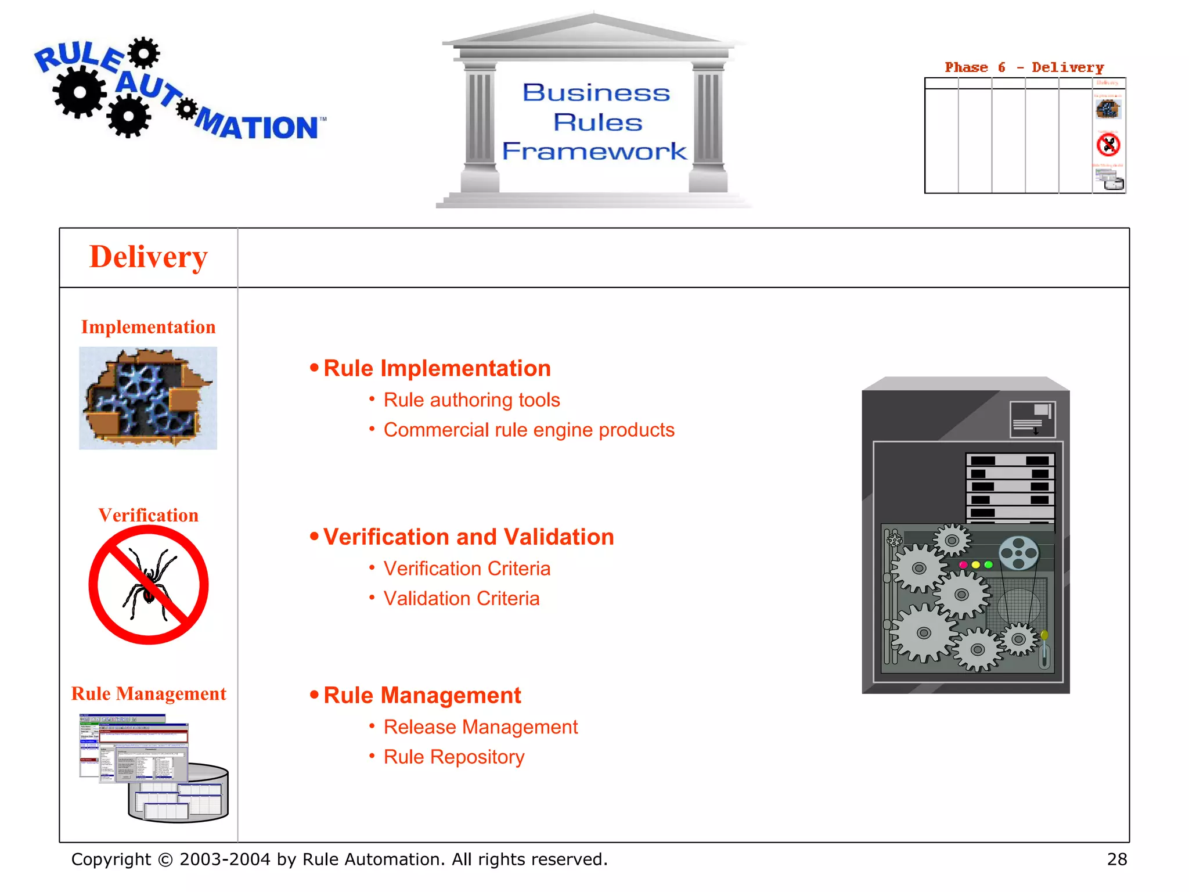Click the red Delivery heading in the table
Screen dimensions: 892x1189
point(148,257)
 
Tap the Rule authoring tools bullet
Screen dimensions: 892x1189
point(471,400)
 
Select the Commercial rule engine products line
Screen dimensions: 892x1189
point(528,430)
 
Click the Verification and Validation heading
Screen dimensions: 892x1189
point(468,537)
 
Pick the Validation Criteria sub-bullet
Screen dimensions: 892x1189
point(461,599)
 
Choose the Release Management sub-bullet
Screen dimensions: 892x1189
point(480,727)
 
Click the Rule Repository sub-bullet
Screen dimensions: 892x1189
point(453,757)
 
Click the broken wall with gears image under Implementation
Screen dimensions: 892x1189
point(148,398)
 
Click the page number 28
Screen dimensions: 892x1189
point(1116,859)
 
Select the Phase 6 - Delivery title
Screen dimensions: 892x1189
point(1024,67)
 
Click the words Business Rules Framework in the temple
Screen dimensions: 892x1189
point(595,122)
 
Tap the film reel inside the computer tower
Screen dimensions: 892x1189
point(1019,553)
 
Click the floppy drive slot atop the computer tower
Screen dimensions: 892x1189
point(1032,419)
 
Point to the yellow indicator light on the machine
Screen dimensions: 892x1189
point(976,564)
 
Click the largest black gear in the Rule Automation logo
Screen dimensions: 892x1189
point(80,92)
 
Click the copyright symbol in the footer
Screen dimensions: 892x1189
point(165,860)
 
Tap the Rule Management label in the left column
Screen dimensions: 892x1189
point(148,693)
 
